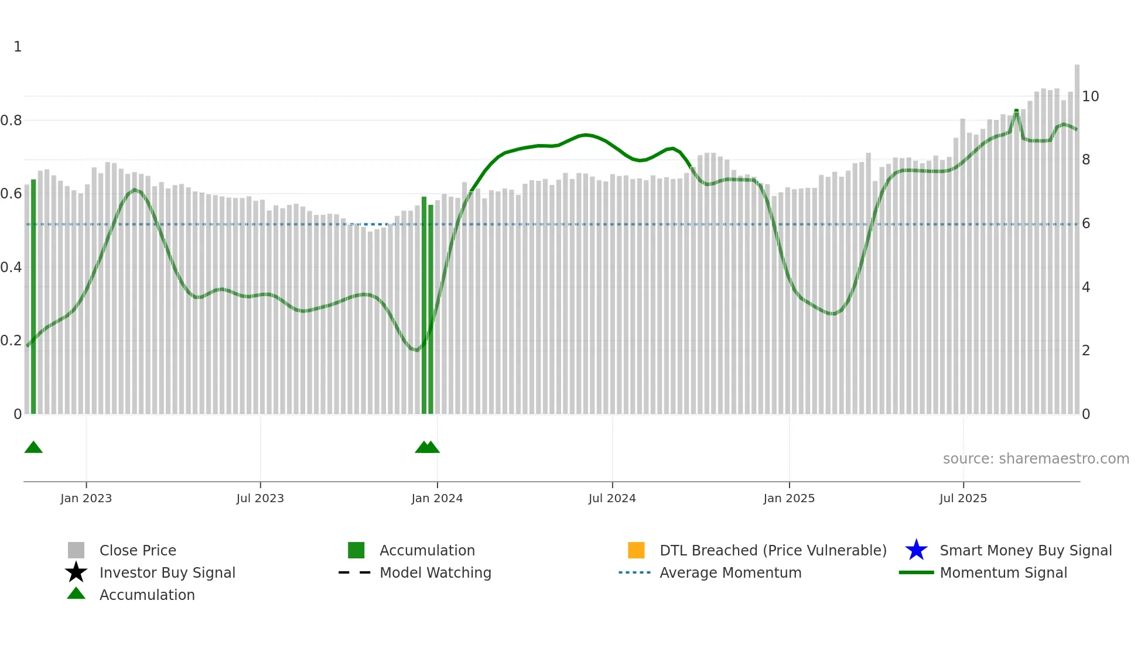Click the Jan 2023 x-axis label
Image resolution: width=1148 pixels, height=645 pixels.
tap(86, 498)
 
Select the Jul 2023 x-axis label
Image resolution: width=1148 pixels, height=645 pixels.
tap(260, 498)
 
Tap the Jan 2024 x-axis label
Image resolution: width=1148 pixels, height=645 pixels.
tap(437, 498)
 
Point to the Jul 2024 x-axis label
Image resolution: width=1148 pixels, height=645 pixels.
tap(612, 498)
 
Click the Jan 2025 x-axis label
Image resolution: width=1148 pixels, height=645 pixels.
tap(789, 498)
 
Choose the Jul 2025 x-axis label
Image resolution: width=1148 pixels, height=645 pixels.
tap(963, 498)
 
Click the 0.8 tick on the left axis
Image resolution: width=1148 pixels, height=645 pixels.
tap(11, 121)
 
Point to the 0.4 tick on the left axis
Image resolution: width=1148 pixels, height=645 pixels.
tap(11, 267)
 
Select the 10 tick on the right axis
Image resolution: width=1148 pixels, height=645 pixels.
tap(1090, 97)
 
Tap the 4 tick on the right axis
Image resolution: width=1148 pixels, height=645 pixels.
tap(1086, 287)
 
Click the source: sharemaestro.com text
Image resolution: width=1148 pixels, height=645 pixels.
tap(1036, 459)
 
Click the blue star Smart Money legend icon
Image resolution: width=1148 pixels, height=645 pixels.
tap(916, 550)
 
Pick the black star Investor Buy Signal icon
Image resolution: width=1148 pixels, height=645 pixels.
tap(76, 572)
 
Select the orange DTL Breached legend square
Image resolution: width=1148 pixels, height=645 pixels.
tap(636, 550)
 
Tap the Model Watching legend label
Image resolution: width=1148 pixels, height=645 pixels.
tap(435, 572)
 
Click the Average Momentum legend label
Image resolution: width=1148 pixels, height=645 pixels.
tap(730, 572)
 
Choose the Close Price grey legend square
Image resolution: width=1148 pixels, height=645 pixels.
tap(76, 550)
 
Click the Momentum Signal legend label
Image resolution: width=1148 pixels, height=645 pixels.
tap(1003, 572)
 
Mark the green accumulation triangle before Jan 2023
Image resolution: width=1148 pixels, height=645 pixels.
tap(33, 448)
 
